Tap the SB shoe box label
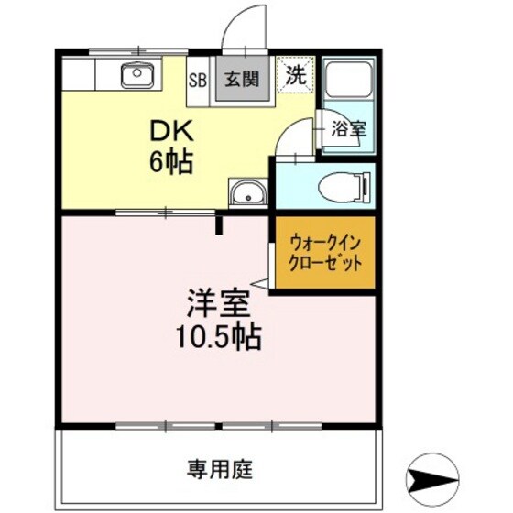[198, 79]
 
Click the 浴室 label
[348, 129]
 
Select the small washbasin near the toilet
[246, 194]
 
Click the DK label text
[169, 131]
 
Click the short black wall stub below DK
[219, 224]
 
